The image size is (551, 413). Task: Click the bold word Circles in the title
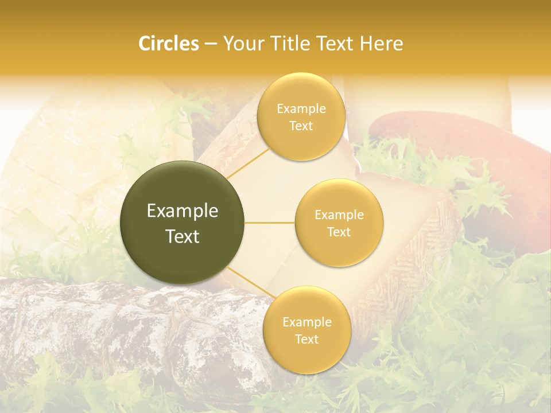168,44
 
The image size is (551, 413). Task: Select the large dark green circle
183,223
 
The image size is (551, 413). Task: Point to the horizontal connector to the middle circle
270,223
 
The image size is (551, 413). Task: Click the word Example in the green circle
183,211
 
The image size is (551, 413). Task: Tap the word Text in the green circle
183,236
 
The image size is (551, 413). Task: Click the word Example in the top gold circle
301,109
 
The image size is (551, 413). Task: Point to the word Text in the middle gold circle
339,232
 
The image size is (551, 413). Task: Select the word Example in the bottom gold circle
306,322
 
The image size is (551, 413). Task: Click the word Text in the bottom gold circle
306,340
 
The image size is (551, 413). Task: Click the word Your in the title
240,44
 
